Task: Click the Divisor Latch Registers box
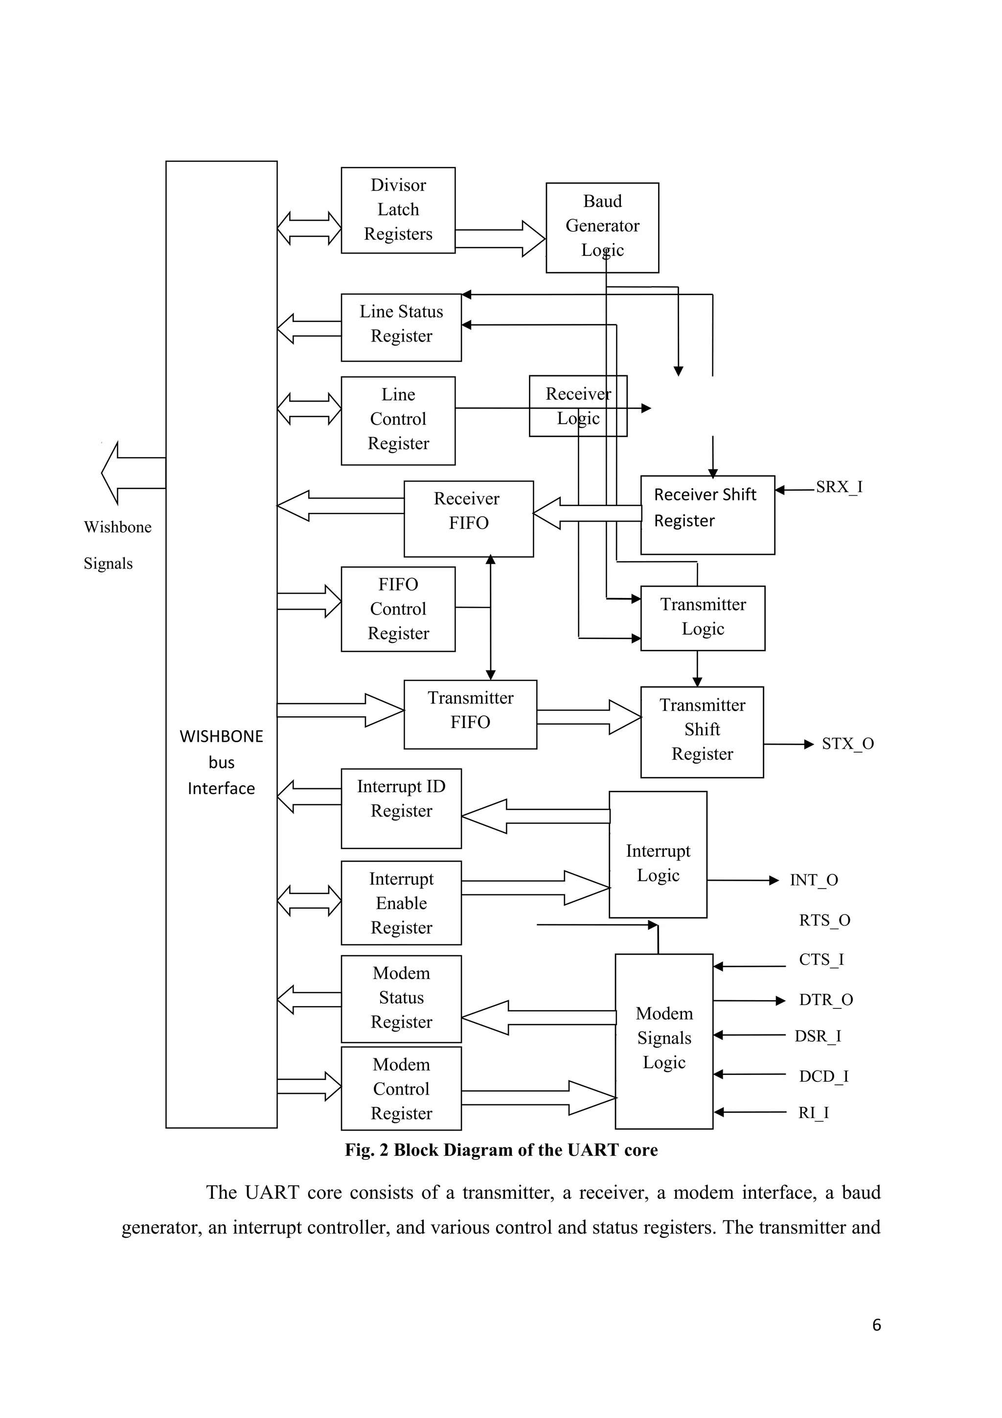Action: [x=398, y=210]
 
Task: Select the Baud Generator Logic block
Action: [x=602, y=227]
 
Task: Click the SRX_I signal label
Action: [x=839, y=487]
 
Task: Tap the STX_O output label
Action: [x=847, y=744]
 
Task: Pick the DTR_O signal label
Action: [x=825, y=999]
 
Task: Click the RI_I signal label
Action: [x=813, y=1112]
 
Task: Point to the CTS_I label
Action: [x=820, y=959]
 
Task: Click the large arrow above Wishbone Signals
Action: [x=133, y=473]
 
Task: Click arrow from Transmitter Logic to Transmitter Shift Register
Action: [x=697, y=669]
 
